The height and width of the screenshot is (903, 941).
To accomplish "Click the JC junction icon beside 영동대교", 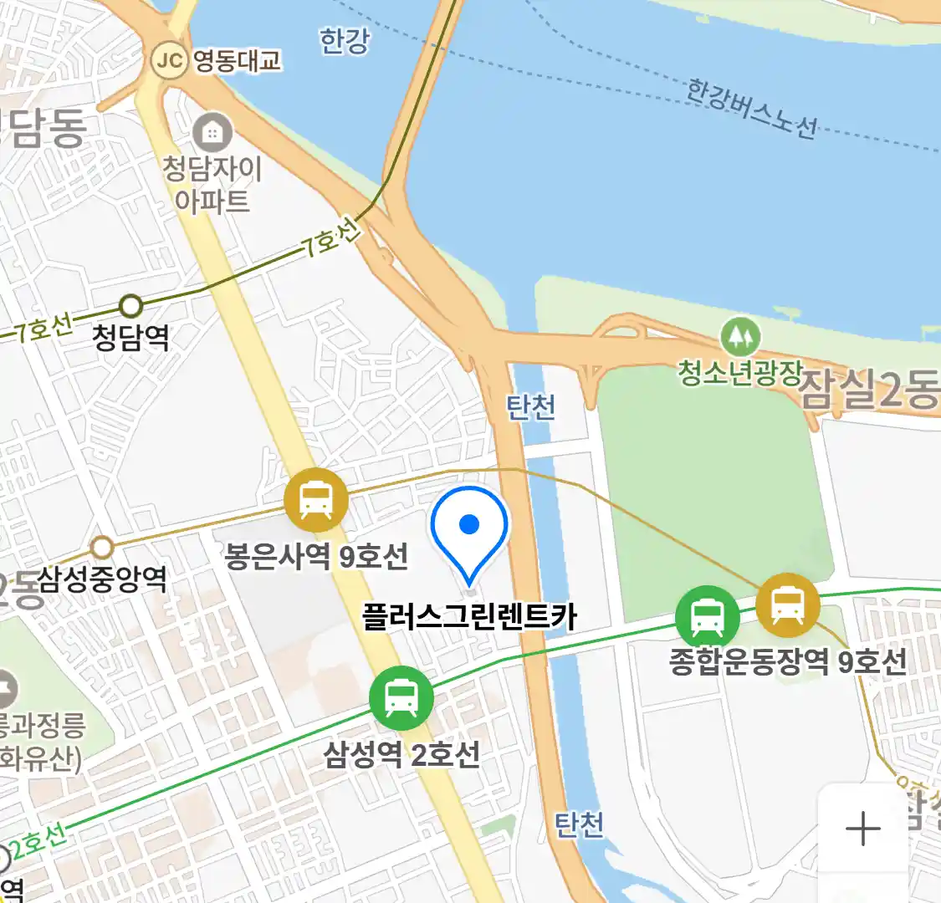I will click(x=169, y=61).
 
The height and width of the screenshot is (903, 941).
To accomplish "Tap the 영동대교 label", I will click(x=237, y=61).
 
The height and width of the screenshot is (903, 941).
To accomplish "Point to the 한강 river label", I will click(x=344, y=41).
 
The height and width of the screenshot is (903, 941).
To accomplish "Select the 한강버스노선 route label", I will click(x=751, y=109).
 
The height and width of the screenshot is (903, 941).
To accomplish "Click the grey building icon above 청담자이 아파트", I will click(x=212, y=132).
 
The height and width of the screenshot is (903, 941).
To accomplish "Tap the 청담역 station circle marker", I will click(x=130, y=305).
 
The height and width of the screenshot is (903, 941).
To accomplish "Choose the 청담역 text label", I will click(x=130, y=338).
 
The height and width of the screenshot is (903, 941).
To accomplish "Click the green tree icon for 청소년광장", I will click(x=740, y=338).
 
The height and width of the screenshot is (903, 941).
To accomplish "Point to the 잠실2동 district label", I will click(x=870, y=390).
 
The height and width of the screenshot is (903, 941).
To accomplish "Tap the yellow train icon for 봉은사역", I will click(x=315, y=500).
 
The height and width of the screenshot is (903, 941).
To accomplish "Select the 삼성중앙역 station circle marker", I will click(x=102, y=548).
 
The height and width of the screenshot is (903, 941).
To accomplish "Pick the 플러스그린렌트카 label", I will click(x=469, y=617).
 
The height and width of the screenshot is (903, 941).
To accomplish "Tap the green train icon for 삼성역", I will click(x=401, y=698).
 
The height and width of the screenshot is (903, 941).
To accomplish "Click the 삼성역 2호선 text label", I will click(x=401, y=754).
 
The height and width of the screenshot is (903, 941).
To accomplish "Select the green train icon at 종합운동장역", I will click(x=707, y=617).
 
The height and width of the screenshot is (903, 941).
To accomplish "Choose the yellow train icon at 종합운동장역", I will click(x=787, y=605).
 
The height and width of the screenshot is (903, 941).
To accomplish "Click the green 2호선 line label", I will click(x=38, y=840).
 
